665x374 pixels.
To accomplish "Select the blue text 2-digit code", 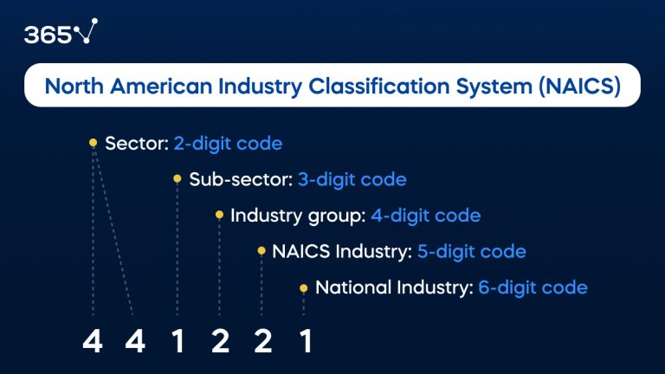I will click(228, 143).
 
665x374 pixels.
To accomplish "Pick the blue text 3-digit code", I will click(352, 180).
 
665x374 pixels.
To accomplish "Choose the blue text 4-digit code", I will click(425, 216).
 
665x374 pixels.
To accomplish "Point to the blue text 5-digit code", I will click(471, 252).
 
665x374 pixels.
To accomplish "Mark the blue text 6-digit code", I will click(533, 287).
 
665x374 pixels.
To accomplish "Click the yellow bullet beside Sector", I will click(93, 143).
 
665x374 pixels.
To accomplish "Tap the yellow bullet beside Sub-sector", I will click(178, 180).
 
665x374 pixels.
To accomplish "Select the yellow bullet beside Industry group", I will click(219, 216).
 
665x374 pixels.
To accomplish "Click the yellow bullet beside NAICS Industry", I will click(261, 252).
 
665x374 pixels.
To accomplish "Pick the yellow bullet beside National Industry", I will click(303, 287).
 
